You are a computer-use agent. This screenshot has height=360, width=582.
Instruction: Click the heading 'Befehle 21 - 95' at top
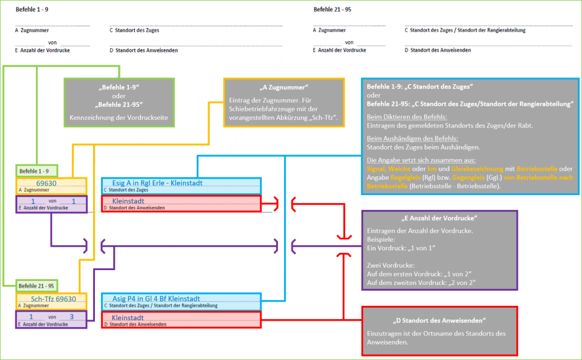pyautogui.click(x=333, y=10)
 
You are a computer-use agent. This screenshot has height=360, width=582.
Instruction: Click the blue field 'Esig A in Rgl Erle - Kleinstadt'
pyautogui.click(x=153, y=183)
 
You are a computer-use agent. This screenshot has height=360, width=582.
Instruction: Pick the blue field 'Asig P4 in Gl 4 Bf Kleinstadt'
pyautogui.click(x=156, y=299)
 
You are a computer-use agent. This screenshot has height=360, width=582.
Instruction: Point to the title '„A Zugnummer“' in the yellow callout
pyautogui.click(x=284, y=88)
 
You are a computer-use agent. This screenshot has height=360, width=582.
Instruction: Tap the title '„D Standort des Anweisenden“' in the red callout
pyautogui.click(x=439, y=320)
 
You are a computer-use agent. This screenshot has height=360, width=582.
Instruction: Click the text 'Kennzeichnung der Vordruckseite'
pyautogui.click(x=119, y=118)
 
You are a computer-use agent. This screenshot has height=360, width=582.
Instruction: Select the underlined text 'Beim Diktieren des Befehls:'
pyautogui.click(x=406, y=117)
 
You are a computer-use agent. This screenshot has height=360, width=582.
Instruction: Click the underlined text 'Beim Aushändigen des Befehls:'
pyautogui.click(x=412, y=138)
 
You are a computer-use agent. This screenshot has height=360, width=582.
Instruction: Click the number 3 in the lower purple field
pyautogui.click(x=72, y=316)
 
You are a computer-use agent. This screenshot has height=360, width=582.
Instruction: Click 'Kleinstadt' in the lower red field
pyautogui.click(x=128, y=317)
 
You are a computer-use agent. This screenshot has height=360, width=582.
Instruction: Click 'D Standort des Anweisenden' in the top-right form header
pyautogui.click(x=436, y=50)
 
